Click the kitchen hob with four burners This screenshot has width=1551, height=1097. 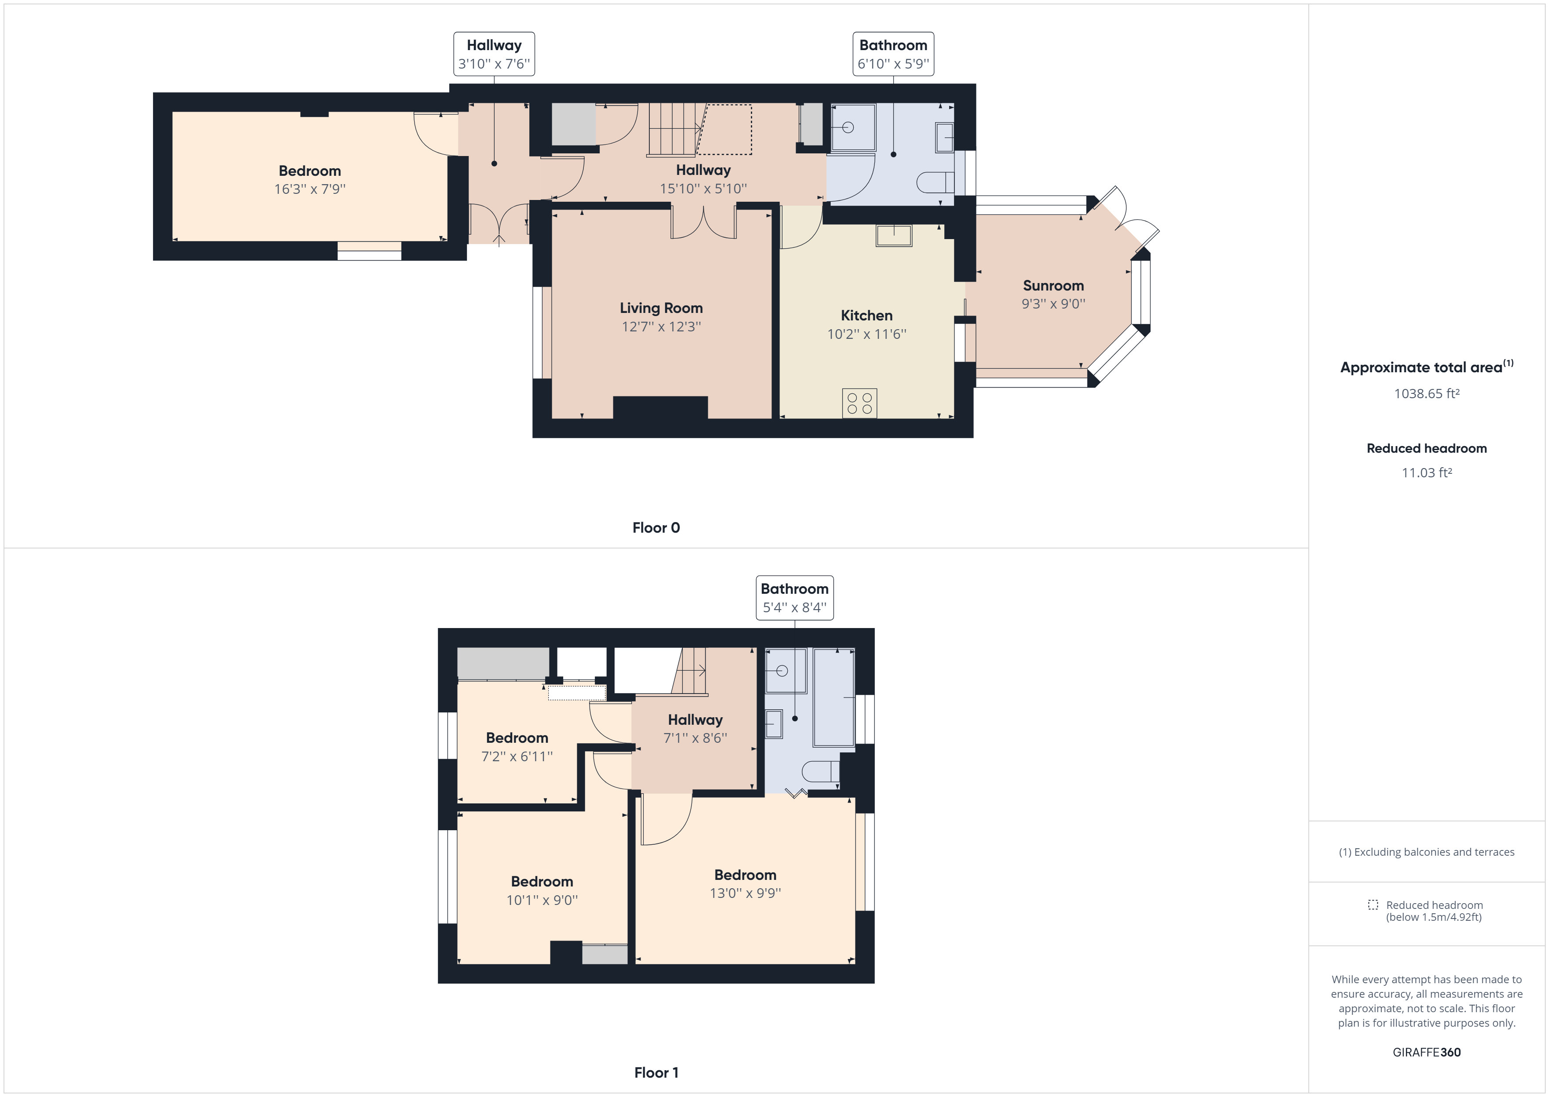[x=859, y=403]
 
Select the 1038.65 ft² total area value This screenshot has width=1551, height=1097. [x=1426, y=394]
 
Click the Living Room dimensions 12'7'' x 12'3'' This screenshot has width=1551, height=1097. [x=661, y=327]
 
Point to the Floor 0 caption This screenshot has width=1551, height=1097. [x=655, y=527]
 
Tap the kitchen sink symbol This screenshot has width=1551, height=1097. [x=894, y=236]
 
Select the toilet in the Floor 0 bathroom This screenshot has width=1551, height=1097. [x=935, y=182]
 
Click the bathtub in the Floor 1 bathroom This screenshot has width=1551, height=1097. [x=834, y=697]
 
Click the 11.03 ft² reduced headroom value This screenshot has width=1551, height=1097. [x=1426, y=473]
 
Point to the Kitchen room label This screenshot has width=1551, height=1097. [x=866, y=316]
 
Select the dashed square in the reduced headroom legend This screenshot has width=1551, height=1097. [x=1373, y=904]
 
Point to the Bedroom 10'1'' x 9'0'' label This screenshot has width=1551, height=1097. [x=542, y=890]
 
